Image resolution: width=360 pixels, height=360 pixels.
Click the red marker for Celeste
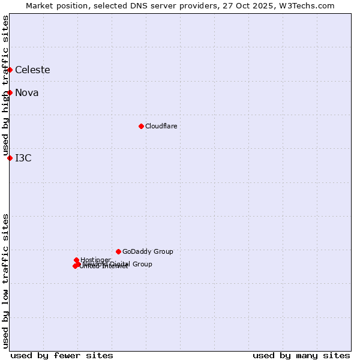click(x=10, y=70)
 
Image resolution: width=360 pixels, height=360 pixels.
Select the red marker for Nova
click(x=10, y=92)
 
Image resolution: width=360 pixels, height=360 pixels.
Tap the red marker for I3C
click(x=10, y=158)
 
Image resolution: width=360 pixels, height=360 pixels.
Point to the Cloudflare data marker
click(x=141, y=126)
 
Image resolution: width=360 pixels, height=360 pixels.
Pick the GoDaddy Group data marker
click(x=118, y=251)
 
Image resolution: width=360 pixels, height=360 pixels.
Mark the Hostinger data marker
click(x=76, y=260)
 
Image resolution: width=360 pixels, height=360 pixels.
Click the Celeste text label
click(x=32, y=70)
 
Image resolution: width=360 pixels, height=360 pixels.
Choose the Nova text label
click(x=26, y=92)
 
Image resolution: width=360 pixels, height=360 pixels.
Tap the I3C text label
click(x=23, y=158)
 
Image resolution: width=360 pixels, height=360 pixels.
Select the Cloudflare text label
click(x=161, y=126)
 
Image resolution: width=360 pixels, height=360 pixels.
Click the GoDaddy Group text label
click(x=148, y=251)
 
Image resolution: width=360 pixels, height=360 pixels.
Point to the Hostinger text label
click(x=96, y=259)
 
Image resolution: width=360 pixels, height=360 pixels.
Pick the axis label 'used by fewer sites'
click(x=62, y=355)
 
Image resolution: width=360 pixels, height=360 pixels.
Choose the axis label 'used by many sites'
click(x=301, y=355)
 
